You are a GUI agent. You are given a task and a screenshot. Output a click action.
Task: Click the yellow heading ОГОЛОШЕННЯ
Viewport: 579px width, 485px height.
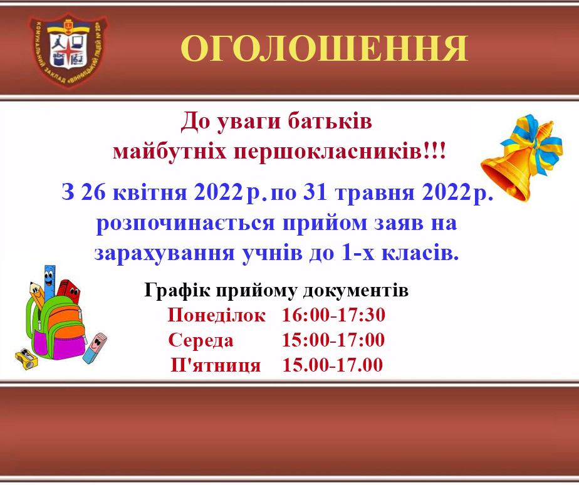pyautogui.click(x=324, y=48)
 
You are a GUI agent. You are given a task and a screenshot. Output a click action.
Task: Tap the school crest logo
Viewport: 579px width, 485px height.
pyautogui.click(x=68, y=50)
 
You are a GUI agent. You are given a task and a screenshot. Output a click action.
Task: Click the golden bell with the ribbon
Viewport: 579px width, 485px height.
pyautogui.click(x=521, y=158)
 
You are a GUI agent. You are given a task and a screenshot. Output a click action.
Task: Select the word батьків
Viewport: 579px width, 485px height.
pyautogui.click(x=330, y=121)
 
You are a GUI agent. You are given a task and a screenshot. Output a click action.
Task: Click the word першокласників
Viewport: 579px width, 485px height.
pyautogui.click(x=328, y=151)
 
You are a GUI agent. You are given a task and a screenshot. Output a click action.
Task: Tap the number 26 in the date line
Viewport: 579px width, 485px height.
pyautogui.click(x=93, y=192)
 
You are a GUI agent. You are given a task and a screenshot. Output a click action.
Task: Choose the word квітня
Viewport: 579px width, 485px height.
pyautogui.click(x=150, y=192)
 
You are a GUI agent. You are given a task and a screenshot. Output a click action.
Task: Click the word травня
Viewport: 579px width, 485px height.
pyautogui.click(x=375, y=193)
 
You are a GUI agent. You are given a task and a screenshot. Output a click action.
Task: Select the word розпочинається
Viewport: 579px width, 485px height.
pyautogui.click(x=185, y=224)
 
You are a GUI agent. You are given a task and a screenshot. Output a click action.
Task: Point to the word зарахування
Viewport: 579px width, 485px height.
pyautogui.click(x=165, y=254)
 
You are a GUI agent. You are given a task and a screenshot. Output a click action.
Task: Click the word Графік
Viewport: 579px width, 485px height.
pyautogui.click(x=177, y=290)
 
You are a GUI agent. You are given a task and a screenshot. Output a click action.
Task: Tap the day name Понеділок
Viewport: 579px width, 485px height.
pyautogui.click(x=216, y=315)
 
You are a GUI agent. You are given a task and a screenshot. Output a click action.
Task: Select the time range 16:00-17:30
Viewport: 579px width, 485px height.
pyautogui.click(x=333, y=315)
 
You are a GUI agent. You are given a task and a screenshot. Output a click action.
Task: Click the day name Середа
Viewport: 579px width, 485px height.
pyautogui.click(x=201, y=340)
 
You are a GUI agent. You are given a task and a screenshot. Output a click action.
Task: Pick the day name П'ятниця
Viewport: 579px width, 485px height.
pyautogui.click(x=216, y=365)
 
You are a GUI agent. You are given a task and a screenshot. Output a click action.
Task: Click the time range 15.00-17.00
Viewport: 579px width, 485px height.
pyautogui.click(x=332, y=365)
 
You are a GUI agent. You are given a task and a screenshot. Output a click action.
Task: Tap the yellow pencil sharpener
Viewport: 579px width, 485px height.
pyautogui.click(x=26, y=358)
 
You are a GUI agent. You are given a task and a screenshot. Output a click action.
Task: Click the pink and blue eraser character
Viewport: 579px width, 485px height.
pyautogui.click(x=95, y=347)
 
